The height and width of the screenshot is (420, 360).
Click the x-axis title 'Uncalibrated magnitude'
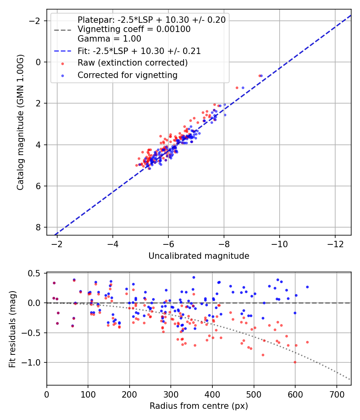coord(199,256)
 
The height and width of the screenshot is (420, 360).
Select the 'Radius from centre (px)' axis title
coord(199,406)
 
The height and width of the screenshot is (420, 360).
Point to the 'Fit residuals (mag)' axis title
coord(12,329)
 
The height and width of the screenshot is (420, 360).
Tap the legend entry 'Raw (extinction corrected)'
coord(132,63)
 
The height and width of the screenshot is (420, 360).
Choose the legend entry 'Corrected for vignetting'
coord(127,75)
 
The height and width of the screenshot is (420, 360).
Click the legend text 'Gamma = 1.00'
coord(109,39)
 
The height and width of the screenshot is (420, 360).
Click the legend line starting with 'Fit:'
coord(139,51)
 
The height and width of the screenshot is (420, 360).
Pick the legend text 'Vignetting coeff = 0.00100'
coord(134,29)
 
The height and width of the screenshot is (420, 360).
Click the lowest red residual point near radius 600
coord(295,362)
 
